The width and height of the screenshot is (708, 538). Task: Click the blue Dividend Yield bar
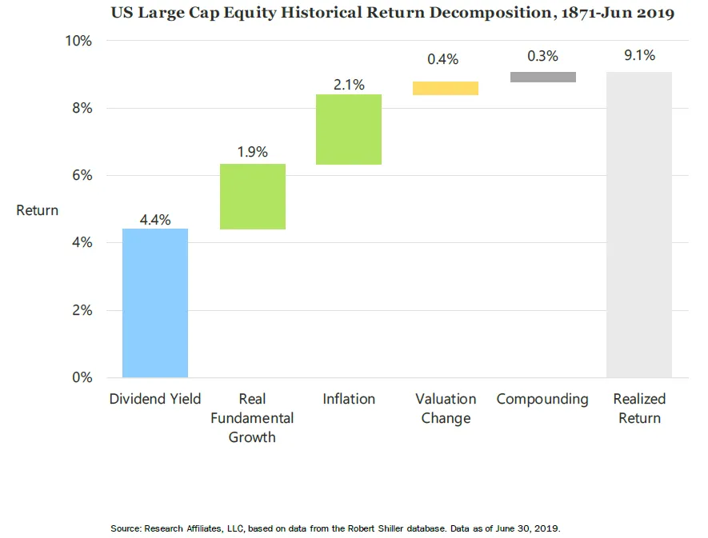pyautogui.click(x=155, y=303)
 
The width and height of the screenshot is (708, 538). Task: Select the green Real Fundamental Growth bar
pyautogui.click(x=252, y=197)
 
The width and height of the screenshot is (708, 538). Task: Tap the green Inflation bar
pyautogui.click(x=349, y=130)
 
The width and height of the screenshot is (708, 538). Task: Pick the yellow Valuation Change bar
pyautogui.click(x=446, y=88)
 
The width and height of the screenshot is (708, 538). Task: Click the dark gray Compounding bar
pyautogui.click(x=542, y=77)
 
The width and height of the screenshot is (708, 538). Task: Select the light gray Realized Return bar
pyautogui.click(x=639, y=225)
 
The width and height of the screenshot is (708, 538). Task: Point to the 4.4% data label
pyautogui.click(x=155, y=220)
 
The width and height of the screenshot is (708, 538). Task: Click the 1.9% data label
pyautogui.click(x=252, y=152)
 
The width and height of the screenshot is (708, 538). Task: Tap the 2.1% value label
pyautogui.click(x=349, y=83)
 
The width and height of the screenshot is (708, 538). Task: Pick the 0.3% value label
pyautogui.click(x=542, y=56)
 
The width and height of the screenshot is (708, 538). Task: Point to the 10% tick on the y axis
pyautogui.click(x=78, y=41)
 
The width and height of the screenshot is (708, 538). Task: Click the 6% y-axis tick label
pyautogui.click(x=82, y=175)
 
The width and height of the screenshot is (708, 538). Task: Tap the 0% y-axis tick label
pyautogui.click(x=82, y=377)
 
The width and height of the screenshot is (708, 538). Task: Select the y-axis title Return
pyautogui.click(x=38, y=210)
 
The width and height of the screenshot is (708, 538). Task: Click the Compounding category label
pyautogui.click(x=542, y=399)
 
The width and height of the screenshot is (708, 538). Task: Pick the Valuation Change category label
pyautogui.click(x=446, y=408)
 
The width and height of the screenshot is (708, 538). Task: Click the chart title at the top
pyautogui.click(x=393, y=12)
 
